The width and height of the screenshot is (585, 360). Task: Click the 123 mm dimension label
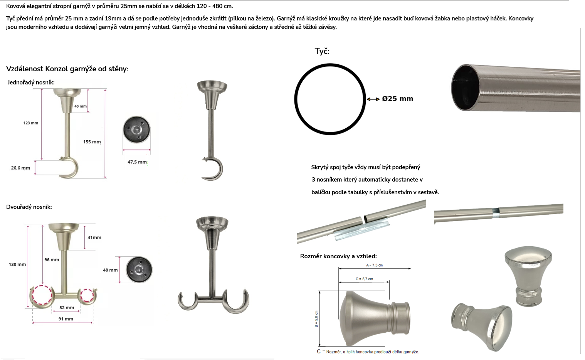click(x=31, y=123)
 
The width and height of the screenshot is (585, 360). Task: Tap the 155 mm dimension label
click(x=92, y=142)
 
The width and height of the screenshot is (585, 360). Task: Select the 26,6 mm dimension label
click(x=20, y=168)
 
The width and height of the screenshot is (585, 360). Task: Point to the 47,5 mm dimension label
click(x=137, y=162)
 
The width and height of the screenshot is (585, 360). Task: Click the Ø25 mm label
click(x=397, y=99)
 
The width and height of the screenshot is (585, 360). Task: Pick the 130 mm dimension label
click(x=17, y=264)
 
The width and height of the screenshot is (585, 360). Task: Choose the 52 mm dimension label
click(x=67, y=308)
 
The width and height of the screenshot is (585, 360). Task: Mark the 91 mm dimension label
click(x=66, y=319)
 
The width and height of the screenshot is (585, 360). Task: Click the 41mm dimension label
click(x=94, y=237)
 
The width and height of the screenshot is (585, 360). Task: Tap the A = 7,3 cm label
click(x=374, y=265)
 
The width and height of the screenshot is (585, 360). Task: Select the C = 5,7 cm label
click(x=364, y=279)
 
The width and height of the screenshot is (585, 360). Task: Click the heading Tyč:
click(x=322, y=51)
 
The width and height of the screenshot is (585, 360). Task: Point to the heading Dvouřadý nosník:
click(x=29, y=207)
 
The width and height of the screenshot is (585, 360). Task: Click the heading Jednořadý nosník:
click(x=31, y=82)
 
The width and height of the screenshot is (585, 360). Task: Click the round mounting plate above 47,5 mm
click(x=136, y=130)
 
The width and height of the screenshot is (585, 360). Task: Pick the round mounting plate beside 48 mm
click(x=139, y=269)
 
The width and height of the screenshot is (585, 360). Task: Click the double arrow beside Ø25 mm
click(x=373, y=99)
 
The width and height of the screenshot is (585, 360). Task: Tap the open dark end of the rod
click(x=465, y=87)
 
